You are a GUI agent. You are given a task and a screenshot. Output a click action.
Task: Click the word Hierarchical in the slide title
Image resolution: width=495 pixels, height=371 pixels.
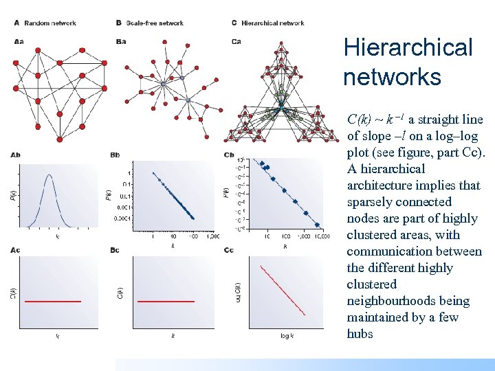pos(408,48)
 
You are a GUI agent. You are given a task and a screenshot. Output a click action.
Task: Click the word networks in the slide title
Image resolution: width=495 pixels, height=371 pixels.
pos(392,76)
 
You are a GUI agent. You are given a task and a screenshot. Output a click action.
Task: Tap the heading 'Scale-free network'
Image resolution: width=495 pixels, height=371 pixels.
pos(155,23)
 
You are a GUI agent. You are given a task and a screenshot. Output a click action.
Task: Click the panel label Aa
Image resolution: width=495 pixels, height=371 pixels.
pos(19,41)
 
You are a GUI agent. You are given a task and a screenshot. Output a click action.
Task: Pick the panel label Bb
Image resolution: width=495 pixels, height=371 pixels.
pos(115,155)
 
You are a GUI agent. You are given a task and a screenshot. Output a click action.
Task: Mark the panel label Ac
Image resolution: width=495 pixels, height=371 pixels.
pos(16,250)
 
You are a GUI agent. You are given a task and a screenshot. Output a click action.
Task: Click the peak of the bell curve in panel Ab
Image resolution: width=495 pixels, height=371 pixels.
pos(48,175)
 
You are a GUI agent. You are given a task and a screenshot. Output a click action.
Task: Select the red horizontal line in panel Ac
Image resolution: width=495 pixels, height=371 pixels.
pos(53,301)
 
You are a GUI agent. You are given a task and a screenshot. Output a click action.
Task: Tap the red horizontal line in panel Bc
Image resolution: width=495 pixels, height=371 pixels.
pos(166,301)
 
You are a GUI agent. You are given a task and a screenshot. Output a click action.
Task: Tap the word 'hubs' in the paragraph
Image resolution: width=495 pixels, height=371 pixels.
pos(360,334)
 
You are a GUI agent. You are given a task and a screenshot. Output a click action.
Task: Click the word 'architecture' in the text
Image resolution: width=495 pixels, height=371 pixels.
pos(384,185)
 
